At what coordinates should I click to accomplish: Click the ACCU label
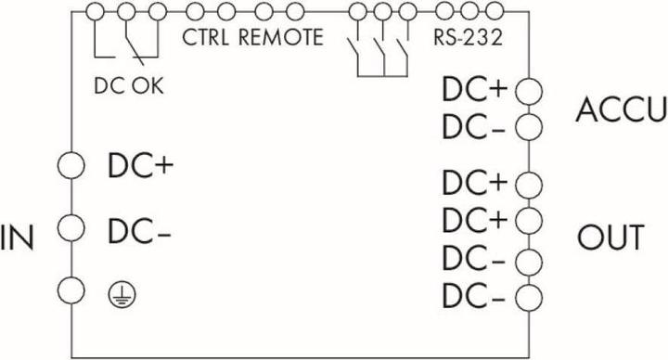621,109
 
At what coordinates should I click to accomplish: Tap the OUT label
610,238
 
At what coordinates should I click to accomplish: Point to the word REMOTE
280,39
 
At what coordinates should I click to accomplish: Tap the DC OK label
129,85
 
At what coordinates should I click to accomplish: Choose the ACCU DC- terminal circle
527,125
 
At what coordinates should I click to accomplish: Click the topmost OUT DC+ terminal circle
527,183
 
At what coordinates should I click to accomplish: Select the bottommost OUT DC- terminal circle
527,299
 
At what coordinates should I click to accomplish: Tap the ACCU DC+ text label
475,90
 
